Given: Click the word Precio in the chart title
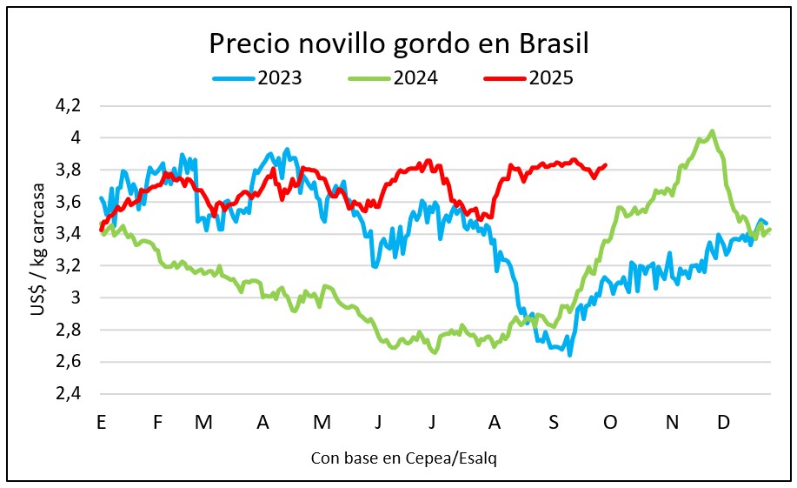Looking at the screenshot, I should (x=246, y=43).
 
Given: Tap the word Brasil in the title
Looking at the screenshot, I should (x=555, y=43).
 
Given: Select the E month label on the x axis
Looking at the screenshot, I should (x=102, y=423).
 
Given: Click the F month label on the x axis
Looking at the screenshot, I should (x=157, y=423).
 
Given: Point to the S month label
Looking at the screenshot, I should (x=554, y=423).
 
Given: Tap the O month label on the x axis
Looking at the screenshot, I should (x=610, y=423).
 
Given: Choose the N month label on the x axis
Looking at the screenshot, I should (x=672, y=423).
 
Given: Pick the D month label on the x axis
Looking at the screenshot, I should (x=722, y=423).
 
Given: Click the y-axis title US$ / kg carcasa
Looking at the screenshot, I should (x=39, y=250).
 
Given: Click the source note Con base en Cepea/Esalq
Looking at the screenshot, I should (x=404, y=458).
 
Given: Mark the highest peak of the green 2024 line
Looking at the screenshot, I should (x=713, y=131).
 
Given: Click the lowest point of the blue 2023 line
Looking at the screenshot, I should (x=570, y=355).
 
